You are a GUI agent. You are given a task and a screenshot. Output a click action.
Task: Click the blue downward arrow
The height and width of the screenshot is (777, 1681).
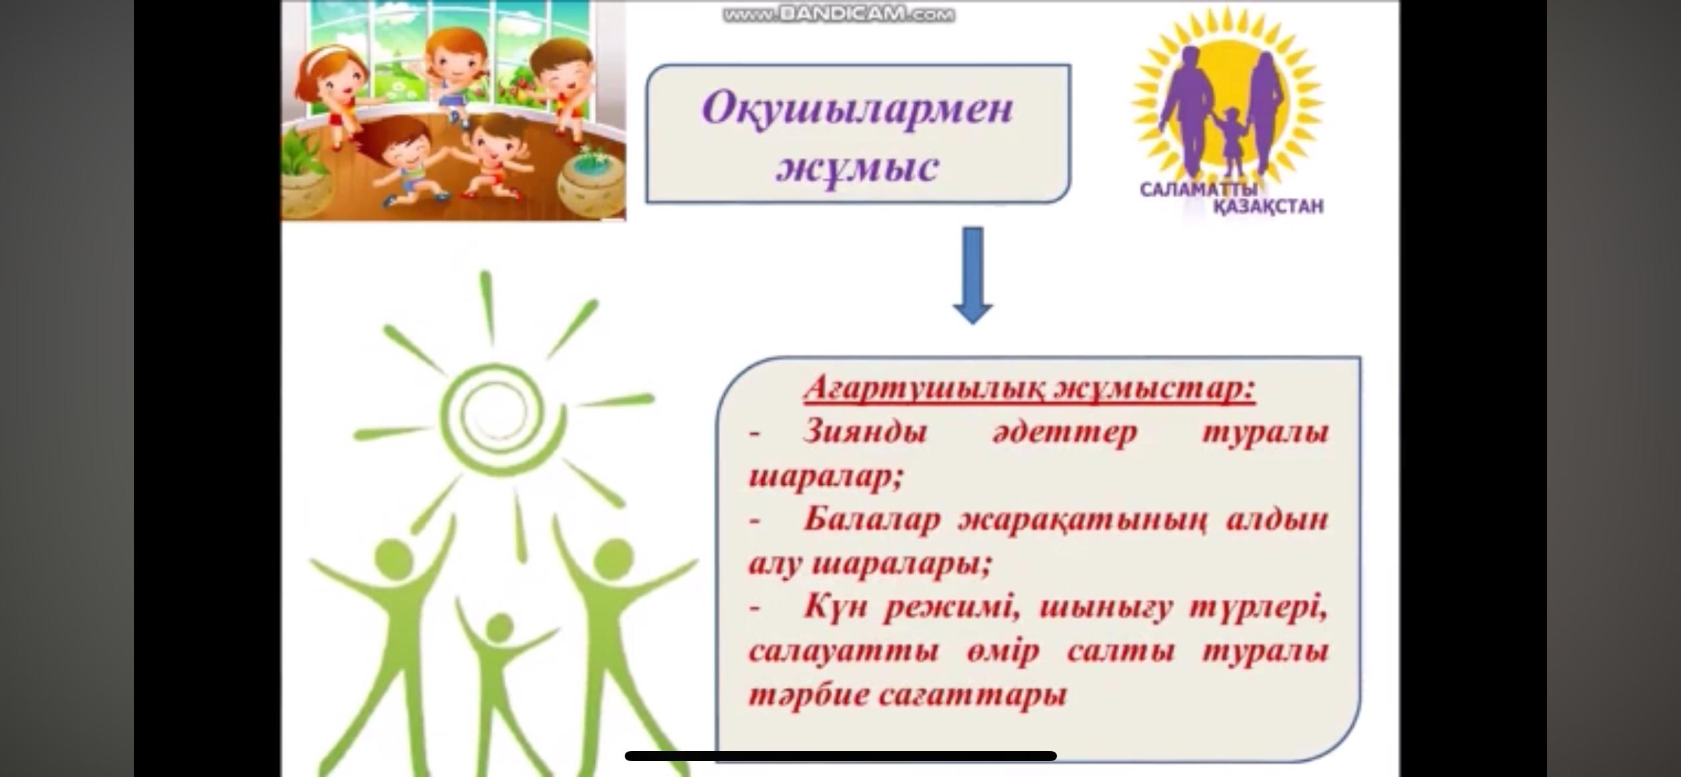973,276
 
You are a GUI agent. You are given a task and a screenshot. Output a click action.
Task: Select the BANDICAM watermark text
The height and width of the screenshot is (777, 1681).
839,14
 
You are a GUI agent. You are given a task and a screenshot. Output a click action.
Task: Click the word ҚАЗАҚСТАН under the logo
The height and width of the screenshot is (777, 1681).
1269,207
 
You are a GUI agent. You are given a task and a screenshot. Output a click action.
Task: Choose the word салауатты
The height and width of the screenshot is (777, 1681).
843,651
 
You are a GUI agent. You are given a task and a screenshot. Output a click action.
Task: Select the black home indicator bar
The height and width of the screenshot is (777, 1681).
840,756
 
